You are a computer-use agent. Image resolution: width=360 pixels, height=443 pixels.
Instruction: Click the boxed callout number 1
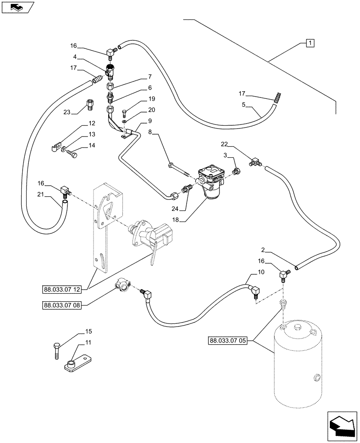[310, 43]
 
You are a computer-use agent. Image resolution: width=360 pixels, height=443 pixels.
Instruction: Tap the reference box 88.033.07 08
[62, 305]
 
